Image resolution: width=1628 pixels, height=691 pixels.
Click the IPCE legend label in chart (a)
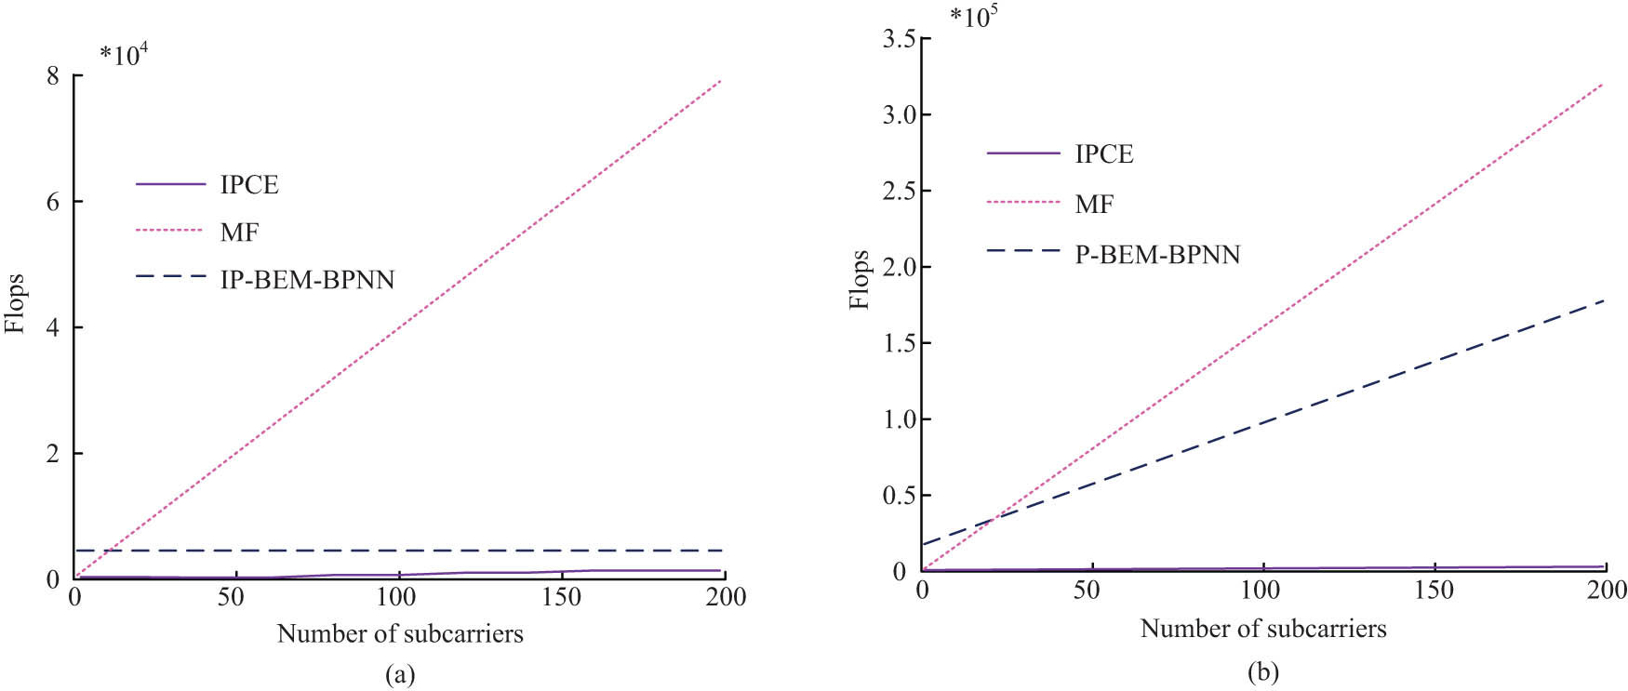coord(248,184)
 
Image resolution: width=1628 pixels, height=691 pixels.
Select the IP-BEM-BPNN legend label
coord(307,279)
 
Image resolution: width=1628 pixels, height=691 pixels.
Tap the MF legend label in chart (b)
coord(1094,204)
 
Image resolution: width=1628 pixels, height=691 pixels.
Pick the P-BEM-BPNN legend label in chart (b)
coord(1157,254)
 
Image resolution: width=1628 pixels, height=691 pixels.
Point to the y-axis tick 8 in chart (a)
coord(53,75)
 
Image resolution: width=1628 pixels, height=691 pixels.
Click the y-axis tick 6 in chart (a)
coord(53,202)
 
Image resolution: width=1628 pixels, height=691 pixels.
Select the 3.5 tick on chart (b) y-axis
coord(899,38)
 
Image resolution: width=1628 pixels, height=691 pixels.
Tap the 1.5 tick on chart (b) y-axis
coord(899,343)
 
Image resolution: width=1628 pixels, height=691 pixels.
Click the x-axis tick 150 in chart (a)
coord(561,597)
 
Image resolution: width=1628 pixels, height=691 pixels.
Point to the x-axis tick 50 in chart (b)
coord(1087,591)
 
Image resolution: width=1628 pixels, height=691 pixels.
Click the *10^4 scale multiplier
coord(124,54)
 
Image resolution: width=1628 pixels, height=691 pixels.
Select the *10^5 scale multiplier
coord(974,17)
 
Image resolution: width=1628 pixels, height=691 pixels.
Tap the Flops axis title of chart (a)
coord(15,303)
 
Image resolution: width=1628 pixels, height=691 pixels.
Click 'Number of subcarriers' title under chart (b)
coord(1262,629)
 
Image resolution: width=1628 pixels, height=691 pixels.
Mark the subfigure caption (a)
coord(400,674)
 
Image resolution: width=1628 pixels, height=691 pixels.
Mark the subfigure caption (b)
coord(1262,671)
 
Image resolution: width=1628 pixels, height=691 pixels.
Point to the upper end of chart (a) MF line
coord(721,81)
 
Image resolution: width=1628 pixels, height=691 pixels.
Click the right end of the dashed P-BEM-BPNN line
coord(1604,300)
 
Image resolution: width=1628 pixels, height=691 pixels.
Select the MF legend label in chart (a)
coord(239,232)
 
